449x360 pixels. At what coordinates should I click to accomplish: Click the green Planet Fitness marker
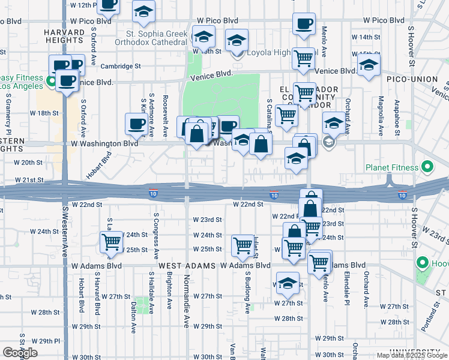(x=427, y=166)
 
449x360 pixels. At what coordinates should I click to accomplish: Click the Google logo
(x=20, y=353)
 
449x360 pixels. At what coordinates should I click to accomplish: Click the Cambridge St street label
(x=120, y=67)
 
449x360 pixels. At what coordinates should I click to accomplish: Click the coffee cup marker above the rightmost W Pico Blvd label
(x=304, y=24)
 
